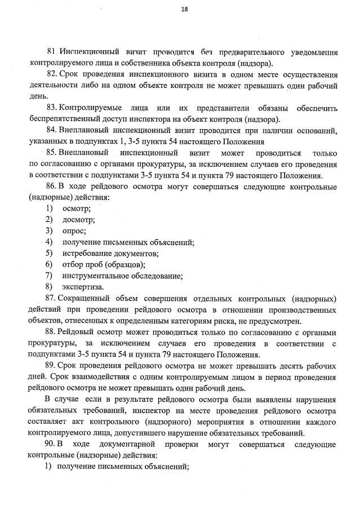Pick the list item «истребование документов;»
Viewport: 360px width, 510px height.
pos(111,253)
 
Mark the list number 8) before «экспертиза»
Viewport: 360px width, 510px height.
pos(50,287)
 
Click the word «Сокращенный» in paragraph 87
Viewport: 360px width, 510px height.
pos(86,298)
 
